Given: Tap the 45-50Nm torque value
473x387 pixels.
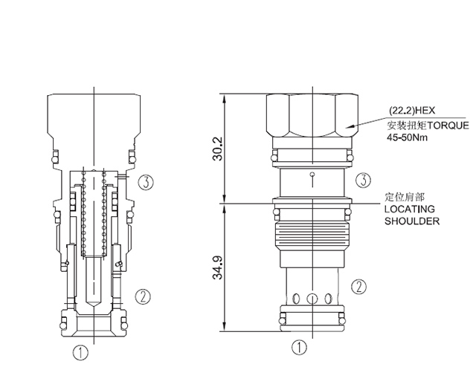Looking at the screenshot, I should click(408, 137).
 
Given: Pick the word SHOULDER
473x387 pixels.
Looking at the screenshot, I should click(411, 221).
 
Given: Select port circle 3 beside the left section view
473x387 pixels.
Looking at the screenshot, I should click(146, 181).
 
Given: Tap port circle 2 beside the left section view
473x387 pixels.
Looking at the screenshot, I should click(144, 296).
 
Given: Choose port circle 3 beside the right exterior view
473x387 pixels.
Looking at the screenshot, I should click(362, 180).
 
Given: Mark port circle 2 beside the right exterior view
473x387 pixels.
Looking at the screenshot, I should click(358, 285).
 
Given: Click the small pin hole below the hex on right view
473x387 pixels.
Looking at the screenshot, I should click(313, 175).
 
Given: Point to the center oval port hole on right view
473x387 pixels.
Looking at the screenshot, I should click(312, 299).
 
